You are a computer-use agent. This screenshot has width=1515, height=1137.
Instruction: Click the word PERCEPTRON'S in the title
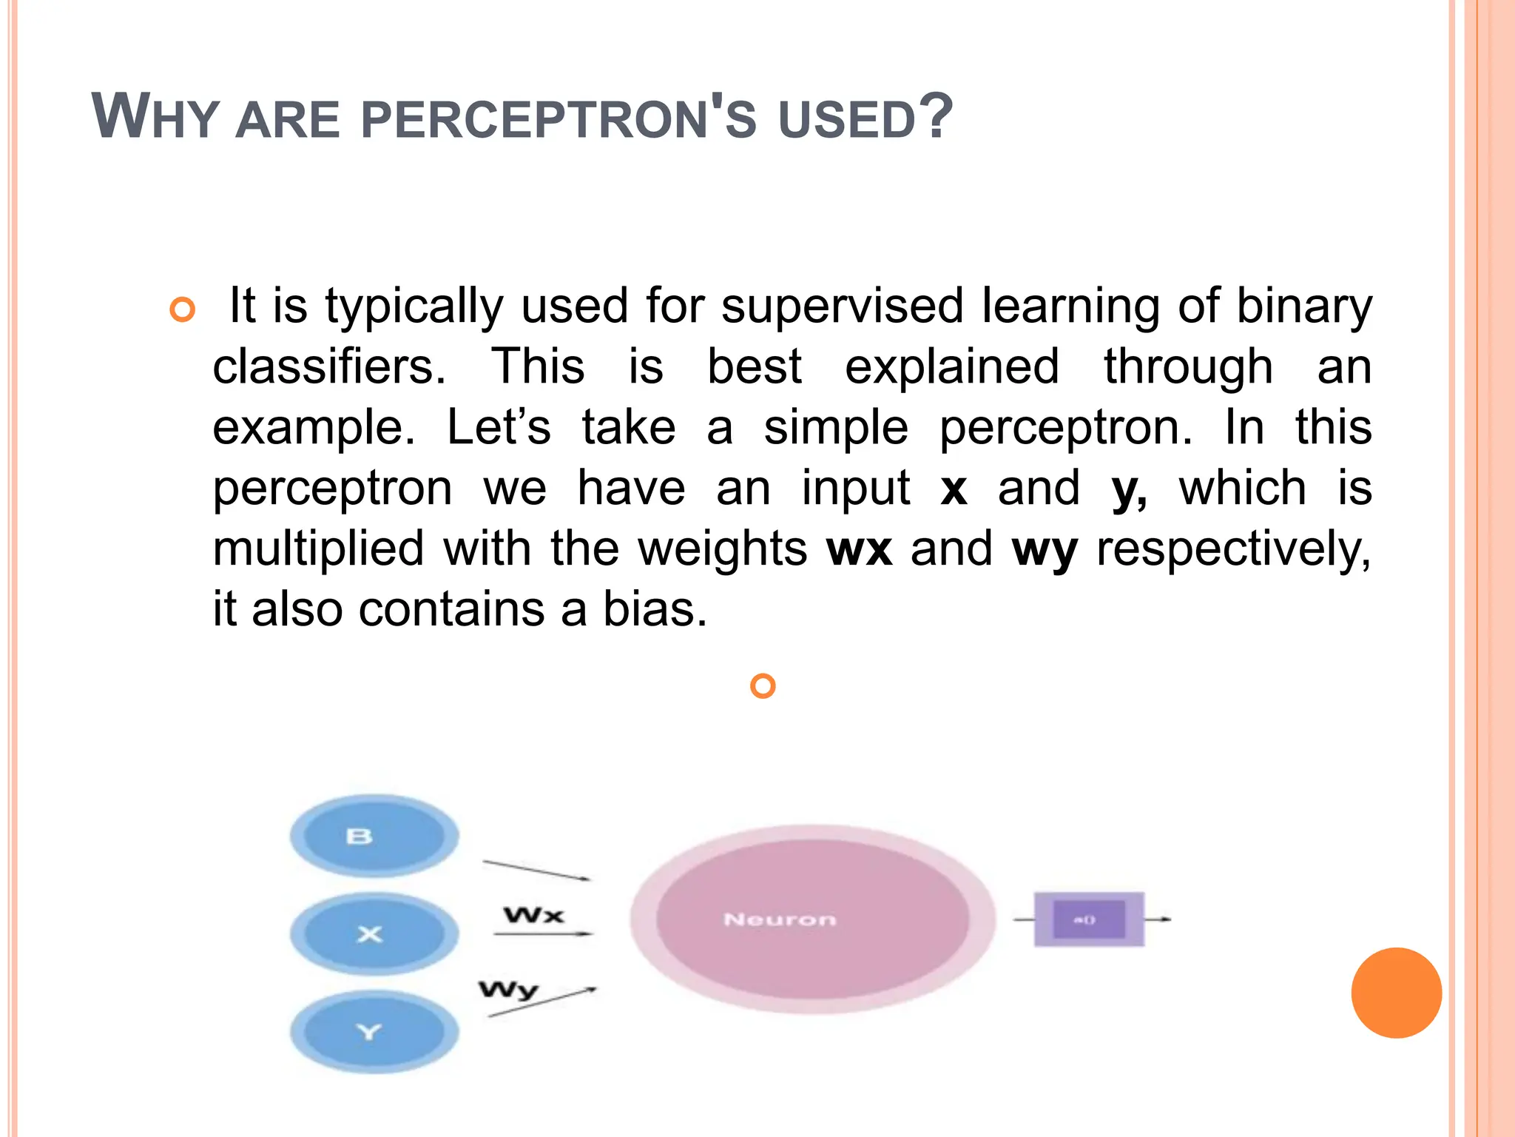tap(559, 118)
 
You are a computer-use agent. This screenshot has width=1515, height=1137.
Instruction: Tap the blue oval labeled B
tap(374, 836)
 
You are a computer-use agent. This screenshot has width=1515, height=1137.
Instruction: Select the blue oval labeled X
tap(374, 934)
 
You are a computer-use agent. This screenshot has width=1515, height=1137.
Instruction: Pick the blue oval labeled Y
tap(374, 1032)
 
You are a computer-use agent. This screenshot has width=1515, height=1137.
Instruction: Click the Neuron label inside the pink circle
tap(780, 919)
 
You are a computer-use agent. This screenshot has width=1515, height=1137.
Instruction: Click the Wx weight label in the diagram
tap(533, 916)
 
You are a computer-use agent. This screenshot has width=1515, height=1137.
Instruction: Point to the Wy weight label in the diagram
tap(508, 990)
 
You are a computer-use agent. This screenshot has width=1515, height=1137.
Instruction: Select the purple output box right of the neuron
tap(1088, 919)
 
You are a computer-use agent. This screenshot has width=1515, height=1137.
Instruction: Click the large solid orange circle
tap(1396, 993)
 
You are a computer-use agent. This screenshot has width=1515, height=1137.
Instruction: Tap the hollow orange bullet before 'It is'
tap(182, 309)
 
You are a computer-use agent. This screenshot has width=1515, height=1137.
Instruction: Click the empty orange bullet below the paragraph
tap(763, 686)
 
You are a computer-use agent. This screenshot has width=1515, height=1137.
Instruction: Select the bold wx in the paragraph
tap(858, 549)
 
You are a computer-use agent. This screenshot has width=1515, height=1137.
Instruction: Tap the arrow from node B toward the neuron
tap(536, 871)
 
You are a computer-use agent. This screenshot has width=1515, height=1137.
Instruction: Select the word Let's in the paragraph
tap(499, 427)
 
